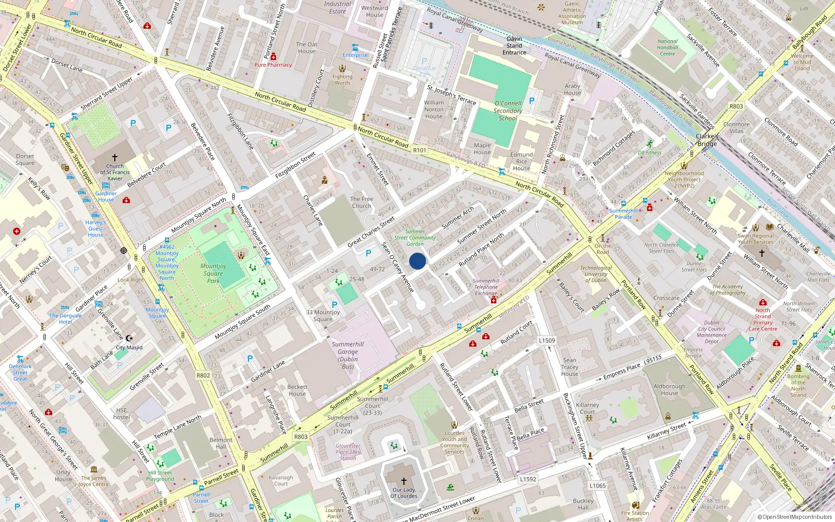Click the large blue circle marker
tap(417, 261)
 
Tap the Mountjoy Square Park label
tap(213, 273)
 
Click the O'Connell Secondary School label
tap(508, 111)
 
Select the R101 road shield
tap(420, 150)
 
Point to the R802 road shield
tap(203, 375)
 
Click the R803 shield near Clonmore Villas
tap(736, 106)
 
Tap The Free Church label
tap(361, 203)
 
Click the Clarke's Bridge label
tap(707, 140)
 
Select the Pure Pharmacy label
tap(273, 65)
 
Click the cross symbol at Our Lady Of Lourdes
tap(403, 481)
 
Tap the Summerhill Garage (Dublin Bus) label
tap(348, 355)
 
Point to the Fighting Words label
tap(342, 79)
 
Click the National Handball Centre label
tap(667, 48)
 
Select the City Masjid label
tap(129, 347)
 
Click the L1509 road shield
tap(547, 340)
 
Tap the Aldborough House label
tap(670, 390)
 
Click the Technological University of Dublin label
tap(595, 274)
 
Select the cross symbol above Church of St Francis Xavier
tap(115, 157)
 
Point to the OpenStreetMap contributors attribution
tap(795, 517)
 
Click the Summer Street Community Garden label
tap(415, 238)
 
